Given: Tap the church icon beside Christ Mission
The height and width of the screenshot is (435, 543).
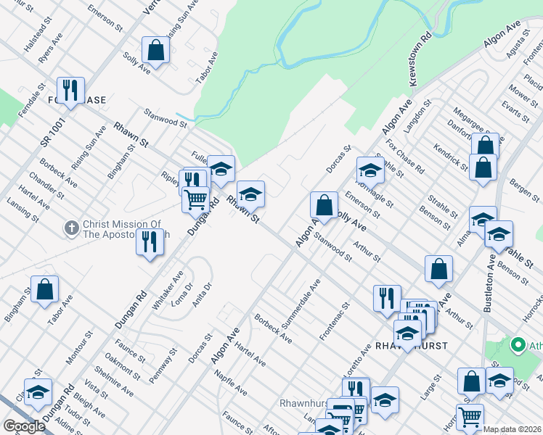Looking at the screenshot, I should (71, 228).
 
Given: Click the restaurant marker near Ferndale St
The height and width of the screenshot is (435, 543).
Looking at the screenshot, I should (70, 91).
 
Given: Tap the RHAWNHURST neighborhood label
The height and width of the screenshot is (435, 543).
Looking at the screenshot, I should (411, 345).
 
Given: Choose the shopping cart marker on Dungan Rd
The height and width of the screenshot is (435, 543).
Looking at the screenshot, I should (195, 199).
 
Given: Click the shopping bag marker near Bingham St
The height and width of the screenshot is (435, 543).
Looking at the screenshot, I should (44, 289).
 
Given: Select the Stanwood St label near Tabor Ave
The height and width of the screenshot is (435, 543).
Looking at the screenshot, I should (165, 117).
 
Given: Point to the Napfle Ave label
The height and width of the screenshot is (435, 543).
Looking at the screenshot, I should (231, 384).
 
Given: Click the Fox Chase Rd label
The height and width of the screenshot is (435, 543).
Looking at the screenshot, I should (405, 156).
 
